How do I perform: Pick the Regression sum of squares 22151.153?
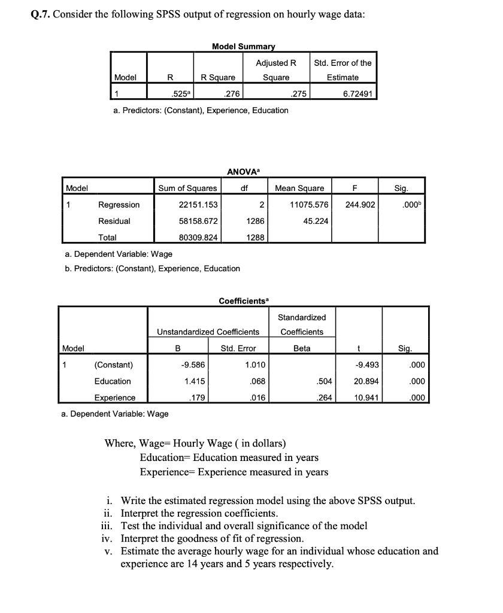pos(198,205)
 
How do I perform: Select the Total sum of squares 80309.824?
pos(198,237)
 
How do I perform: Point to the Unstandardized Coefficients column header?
pos(208,332)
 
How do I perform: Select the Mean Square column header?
pos(299,188)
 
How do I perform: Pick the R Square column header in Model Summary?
pos(218,77)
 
